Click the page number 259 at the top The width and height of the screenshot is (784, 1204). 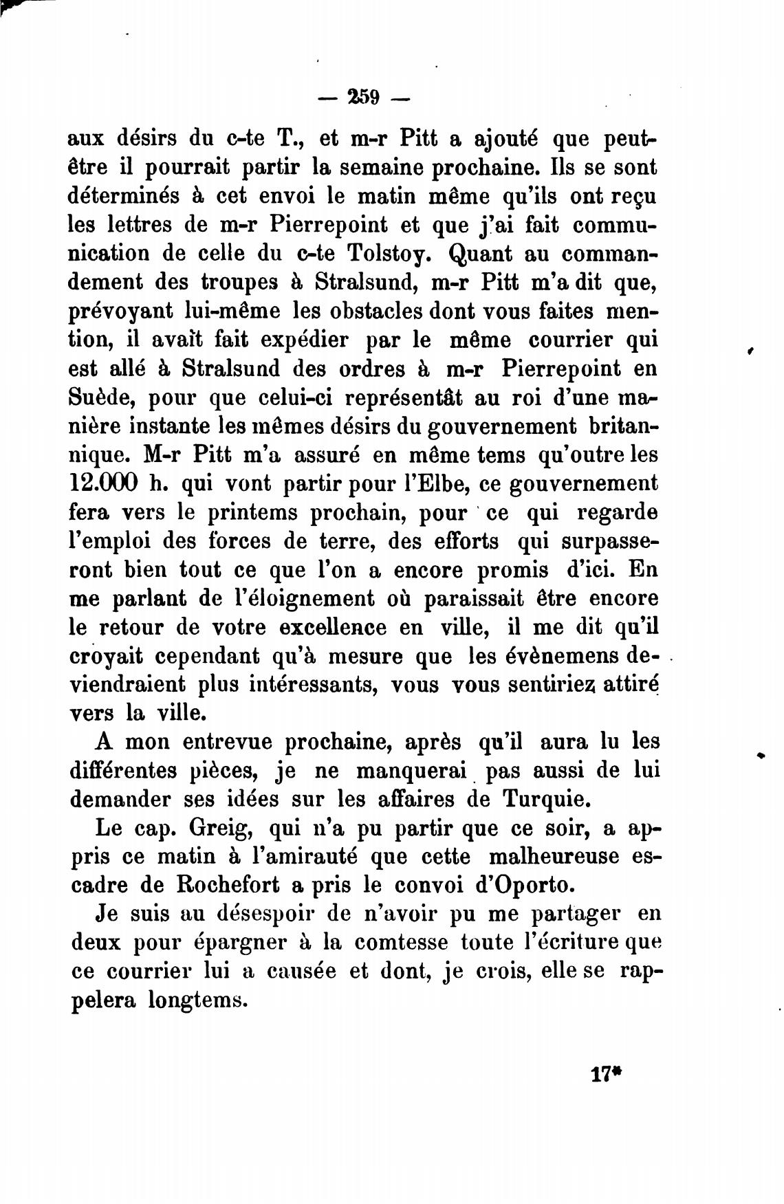364,97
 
